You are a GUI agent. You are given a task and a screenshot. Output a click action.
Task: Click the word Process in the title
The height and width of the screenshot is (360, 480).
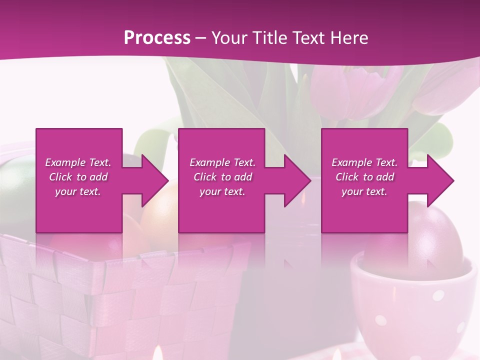click(157, 37)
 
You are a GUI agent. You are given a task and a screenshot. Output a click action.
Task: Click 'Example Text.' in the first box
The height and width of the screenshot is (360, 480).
click(78, 162)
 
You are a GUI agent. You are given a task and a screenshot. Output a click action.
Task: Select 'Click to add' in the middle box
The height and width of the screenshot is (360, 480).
click(222, 177)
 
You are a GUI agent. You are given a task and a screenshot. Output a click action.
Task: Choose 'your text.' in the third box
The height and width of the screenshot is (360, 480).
click(364, 191)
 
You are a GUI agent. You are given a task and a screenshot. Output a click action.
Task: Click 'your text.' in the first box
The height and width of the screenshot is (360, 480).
click(78, 191)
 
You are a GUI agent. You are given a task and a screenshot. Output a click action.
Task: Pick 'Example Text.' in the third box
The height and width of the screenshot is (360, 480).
click(364, 162)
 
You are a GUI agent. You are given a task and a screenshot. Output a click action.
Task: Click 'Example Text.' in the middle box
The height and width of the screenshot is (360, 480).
click(222, 162)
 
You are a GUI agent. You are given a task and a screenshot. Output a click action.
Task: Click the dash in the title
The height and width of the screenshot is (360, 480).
click(201, 38)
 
